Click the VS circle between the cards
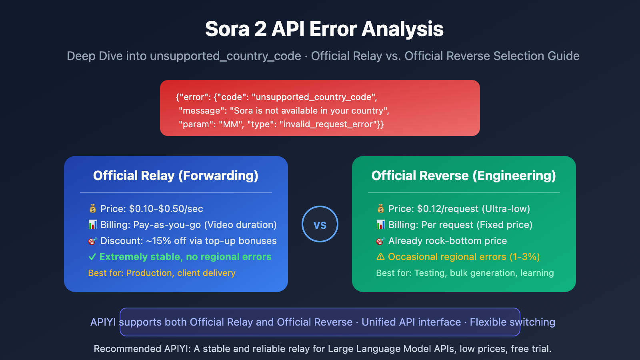coord(320,224)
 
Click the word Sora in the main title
coord(227,29)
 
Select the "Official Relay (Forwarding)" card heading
coord(176,176)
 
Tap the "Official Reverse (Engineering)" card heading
coord(464,176)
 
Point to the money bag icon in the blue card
coord(93,208)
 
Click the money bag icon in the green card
coord(381,208)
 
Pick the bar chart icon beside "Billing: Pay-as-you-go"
coord(93,225)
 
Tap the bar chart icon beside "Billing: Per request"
coord(381,225)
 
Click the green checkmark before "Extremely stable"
coord(92,257)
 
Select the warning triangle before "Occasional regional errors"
coord(380,257)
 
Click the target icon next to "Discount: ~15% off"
coord(93,241)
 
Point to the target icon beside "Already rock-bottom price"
coord(381,241)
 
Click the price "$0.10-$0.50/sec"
coord(166,209)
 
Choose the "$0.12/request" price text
coord(448,209)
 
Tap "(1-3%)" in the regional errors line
coord(524,257)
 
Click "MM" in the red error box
coord(231,124)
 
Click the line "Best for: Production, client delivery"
coord(162,273)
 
